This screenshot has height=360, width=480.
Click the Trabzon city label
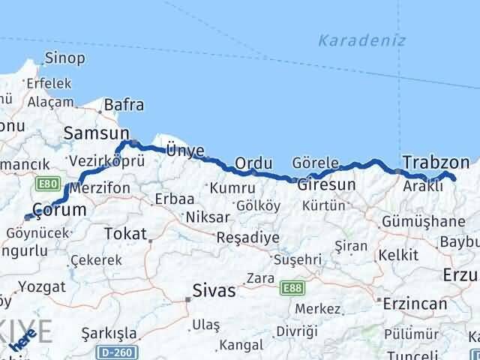[x=436, y=162]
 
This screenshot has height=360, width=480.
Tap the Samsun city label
[x=97, y=133]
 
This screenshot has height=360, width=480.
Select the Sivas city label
[x=214, y=290]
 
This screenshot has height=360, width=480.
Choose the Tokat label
[x=125, y=234]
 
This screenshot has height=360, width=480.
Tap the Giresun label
[x=326, y=184]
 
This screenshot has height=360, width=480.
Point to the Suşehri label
[x=297, y=259]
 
